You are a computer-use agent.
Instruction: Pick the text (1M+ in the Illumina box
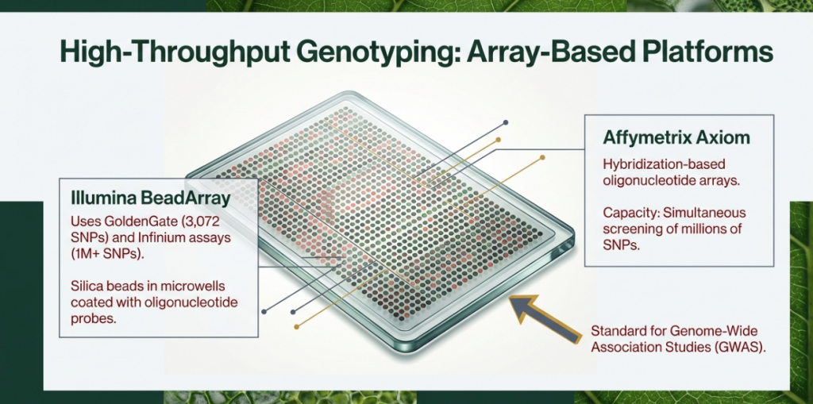tap(85, 254)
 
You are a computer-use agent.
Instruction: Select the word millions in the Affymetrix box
tap(702, 229)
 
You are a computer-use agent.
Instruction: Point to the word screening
tap(630, 229)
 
